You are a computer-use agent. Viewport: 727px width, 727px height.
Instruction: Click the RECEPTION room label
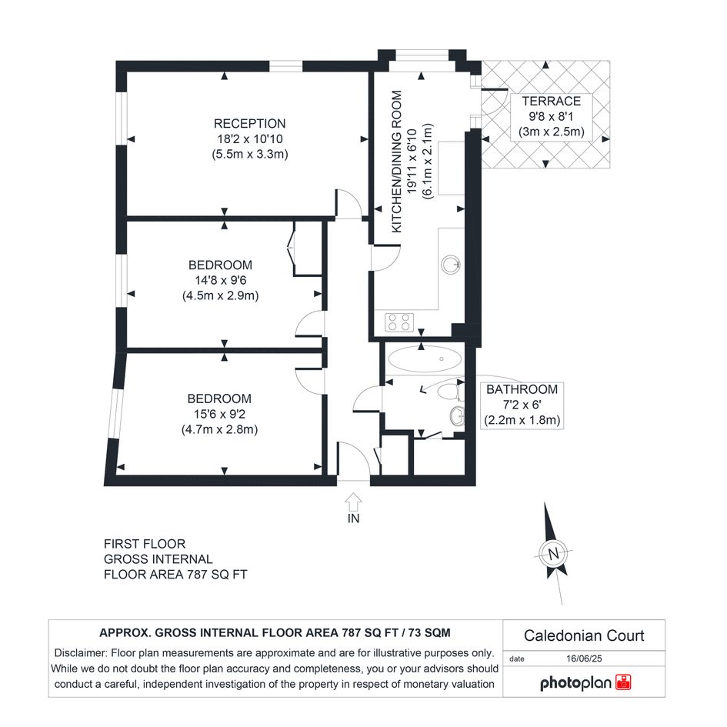tap(249, 124)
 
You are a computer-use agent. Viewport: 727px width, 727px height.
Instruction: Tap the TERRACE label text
tap(552, 101)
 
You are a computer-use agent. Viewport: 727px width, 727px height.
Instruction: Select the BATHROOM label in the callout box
tap(522, 389)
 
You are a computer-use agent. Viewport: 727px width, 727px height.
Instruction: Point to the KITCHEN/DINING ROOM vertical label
tap(397, 162)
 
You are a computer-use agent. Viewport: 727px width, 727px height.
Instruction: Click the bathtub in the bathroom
tap(424, 358)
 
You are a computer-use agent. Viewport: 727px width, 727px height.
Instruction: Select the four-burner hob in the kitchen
tap(399, 322)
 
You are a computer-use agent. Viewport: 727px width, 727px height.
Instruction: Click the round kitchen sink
tap(450, 265)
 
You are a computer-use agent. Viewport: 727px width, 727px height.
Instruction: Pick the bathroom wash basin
tap(457, 416)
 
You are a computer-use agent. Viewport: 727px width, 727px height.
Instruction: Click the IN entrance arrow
tap(353, 502)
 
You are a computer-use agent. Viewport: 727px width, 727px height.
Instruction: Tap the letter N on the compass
tap(553, 554)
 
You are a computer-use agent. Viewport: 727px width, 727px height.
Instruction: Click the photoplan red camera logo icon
tap(623, 682)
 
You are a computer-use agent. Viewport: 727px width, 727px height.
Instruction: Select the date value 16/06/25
tap(584, 659)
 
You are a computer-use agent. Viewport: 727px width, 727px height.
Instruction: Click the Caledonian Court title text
tap(584, 635)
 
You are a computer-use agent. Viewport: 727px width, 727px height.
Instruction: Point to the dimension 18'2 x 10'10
tap(250, 139)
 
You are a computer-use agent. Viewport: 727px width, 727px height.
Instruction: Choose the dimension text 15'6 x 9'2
tap(219, 414)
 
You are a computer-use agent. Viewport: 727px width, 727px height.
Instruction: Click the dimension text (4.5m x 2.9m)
tap(220, 296)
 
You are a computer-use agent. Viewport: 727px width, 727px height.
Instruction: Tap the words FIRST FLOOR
tap(145, 544)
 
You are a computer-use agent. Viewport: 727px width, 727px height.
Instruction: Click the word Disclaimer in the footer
tap(80, 653)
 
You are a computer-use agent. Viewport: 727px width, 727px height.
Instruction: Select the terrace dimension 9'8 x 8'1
tap(552, 116)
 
